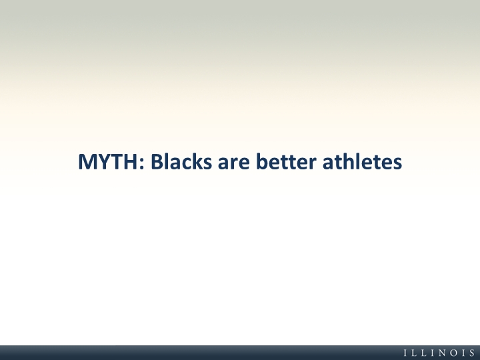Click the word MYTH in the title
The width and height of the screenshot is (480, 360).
click(108, 161)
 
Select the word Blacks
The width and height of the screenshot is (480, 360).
click(181, 161)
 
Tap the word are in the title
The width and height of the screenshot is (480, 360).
click(233, 163)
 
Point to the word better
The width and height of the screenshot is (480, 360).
click(285, 161)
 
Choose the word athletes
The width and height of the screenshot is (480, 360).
click(362, 161)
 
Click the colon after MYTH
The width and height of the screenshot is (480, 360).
click(141, 163)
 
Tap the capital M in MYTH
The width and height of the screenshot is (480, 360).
click(87, 161)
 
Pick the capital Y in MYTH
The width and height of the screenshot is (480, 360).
click(104, 161)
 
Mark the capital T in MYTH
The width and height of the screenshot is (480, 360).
click(118, 161)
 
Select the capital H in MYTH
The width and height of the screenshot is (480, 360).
click(131, 161)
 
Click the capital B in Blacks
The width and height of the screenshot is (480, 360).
click(157, 161)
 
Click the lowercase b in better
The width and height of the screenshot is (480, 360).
click(262, 161)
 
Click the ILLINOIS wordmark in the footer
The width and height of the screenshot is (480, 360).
click(439, 353)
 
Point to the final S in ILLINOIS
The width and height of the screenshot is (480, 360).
click(473, 353)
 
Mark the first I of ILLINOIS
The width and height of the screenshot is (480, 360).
click(405, 353)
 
